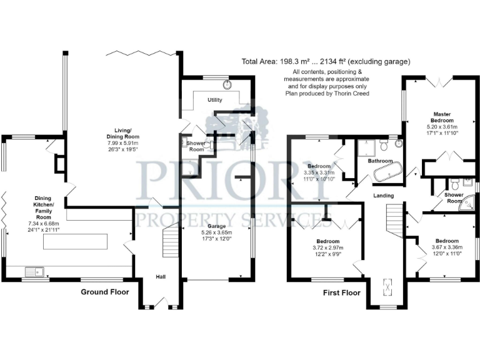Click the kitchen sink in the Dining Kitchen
pos(32,271)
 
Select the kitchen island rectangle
pos(76,242)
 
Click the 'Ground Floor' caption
pos(104,292)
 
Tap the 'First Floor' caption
pos(341,292)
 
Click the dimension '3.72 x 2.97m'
pos(327,248)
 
